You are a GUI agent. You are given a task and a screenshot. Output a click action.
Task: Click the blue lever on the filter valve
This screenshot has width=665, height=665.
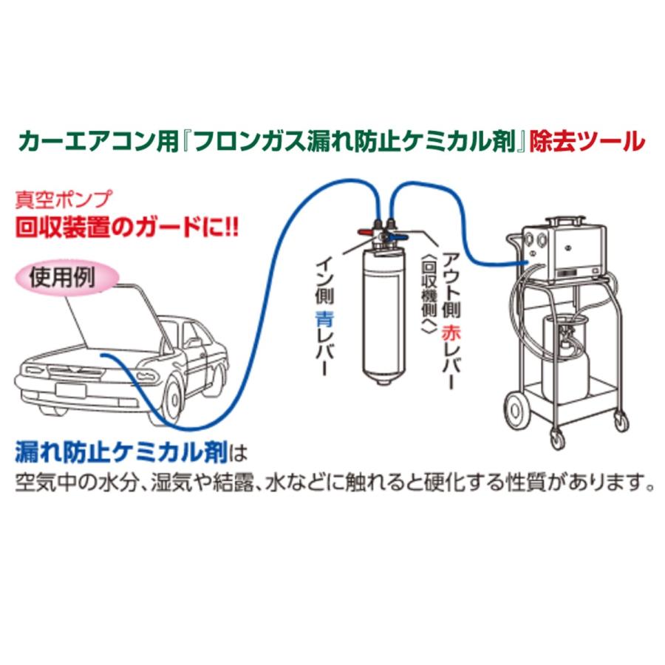pyautogui.click(x=400, y=238)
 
